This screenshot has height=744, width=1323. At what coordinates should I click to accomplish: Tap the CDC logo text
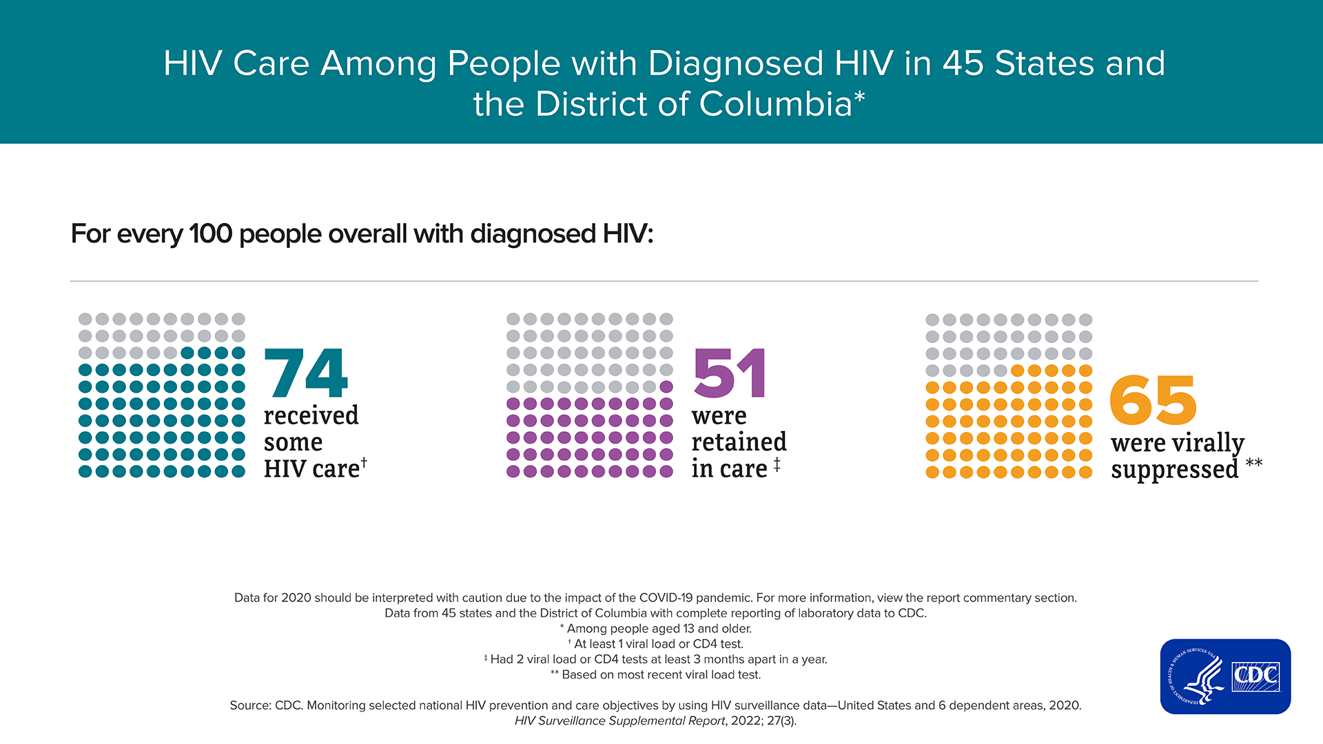pyautogui.click(x=1255, y=676)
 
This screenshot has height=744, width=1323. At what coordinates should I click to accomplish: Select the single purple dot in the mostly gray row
pyautogui.click(x=666, y=386)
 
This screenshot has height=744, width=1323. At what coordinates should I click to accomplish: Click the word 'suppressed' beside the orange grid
pyautogui.click(x=1174, y=470)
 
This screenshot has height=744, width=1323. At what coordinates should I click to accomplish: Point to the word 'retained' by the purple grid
pyautogui.click(x=739, y=442)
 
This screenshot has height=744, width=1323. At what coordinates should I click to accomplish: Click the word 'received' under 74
pyautogui.click(x=311, y=415)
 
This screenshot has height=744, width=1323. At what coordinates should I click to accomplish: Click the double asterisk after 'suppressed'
pyautogui.click(x=1254, y=462)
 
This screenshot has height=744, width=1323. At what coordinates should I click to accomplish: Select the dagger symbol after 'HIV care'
pyautogui.click(x=364, y=462)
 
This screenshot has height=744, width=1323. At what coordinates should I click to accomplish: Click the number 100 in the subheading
pyautogui.click(x=210, y=234)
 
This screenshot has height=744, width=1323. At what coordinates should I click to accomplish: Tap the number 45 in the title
pyautogui.click(x=963, y=63)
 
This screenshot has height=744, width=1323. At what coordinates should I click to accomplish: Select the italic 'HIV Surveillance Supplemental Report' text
pyautogui.click(x=619, y=721)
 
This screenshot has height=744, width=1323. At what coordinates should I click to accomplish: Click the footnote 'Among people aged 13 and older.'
pyautogui.click(x=659, y=628)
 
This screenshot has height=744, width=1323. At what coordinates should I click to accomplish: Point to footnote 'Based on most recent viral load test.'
pyautogui.click(x=661, y=674)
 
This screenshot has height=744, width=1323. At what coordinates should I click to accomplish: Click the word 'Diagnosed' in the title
pyautogui.click(x=735, y=63)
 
